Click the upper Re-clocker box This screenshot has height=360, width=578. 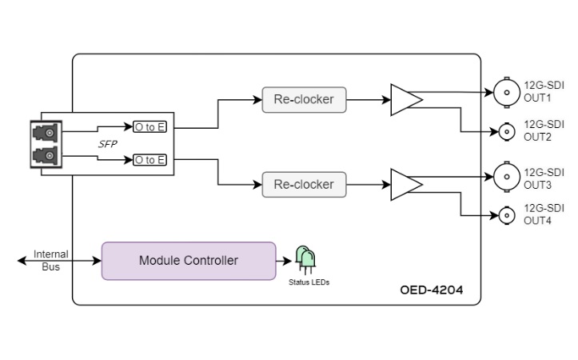tap(304, 99)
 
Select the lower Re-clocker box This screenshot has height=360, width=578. tap(304, 185)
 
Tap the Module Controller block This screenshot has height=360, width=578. tap(189, 261)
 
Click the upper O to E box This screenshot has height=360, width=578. tap(149, 127)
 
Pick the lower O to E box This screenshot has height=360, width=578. tap(149, 160)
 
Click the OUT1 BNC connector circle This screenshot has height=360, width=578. tap(507, 93)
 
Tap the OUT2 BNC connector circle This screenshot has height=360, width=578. tap(507, 132)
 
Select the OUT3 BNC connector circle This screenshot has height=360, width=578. tap(507, 177)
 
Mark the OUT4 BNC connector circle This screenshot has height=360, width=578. tap(507, 215)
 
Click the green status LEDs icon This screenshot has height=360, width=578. tap(305, 260)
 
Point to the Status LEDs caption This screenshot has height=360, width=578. tap(309, 282)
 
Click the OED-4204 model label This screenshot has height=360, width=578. tap(432, 290)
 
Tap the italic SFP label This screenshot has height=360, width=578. tap(108, 144)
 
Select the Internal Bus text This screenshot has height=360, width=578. tap(51, 261)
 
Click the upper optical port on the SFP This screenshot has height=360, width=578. tap(46, 133)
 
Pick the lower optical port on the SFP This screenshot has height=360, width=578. tap(46, 155)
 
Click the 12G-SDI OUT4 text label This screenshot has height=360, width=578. tap(544, 214)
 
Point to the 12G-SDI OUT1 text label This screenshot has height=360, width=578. tap(544, 91)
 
